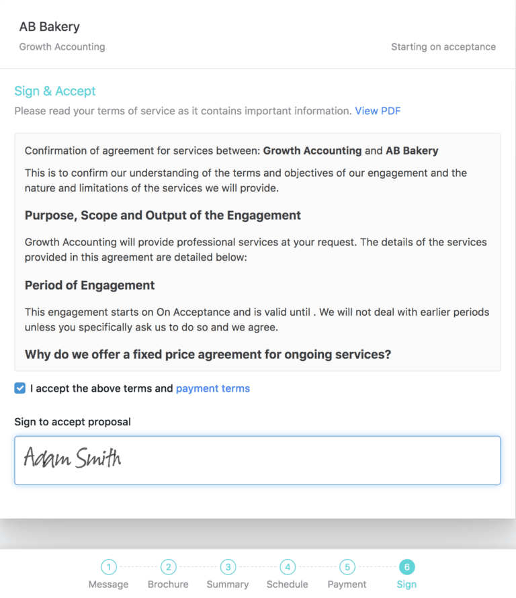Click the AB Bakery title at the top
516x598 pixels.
point(50,27)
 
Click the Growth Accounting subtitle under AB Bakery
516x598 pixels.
point(62,47)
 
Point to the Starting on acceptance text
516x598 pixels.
point(443,47)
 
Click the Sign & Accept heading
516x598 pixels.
point(55,91)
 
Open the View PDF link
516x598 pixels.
point(378,111)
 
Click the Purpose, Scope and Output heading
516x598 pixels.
point(163,216)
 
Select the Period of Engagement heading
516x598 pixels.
point(89,286)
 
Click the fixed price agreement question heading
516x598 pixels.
point(208,354)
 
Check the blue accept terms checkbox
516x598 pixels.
point(20,388)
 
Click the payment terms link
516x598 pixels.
point(212,388)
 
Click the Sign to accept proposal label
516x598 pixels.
point(73,422)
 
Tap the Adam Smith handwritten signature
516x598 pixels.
point(73,459)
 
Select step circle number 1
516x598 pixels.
point(109,567)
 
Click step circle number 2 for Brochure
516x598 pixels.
point(168,567)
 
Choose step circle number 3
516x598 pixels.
point(228,567)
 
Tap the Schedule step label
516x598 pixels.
point(287,585)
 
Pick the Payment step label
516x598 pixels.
point(347,585)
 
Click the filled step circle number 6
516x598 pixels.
point(406,567)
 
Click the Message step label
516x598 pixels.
point(108,585)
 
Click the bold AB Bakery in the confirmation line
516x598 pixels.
point(412,151)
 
